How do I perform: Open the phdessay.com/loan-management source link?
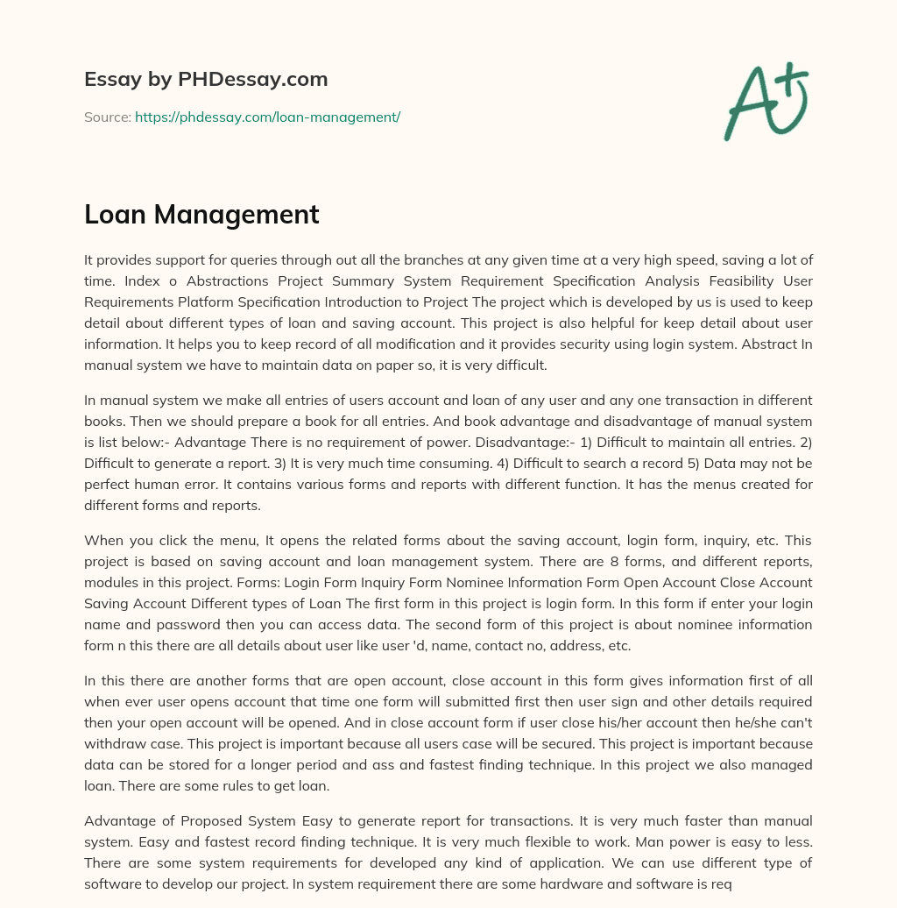[267, 117]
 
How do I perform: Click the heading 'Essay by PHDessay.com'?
[206, 79]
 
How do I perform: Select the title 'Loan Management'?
[201, 215]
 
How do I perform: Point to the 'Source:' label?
[108, 117]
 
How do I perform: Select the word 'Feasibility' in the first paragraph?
[738, 280]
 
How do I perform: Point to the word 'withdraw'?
[110, 744]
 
